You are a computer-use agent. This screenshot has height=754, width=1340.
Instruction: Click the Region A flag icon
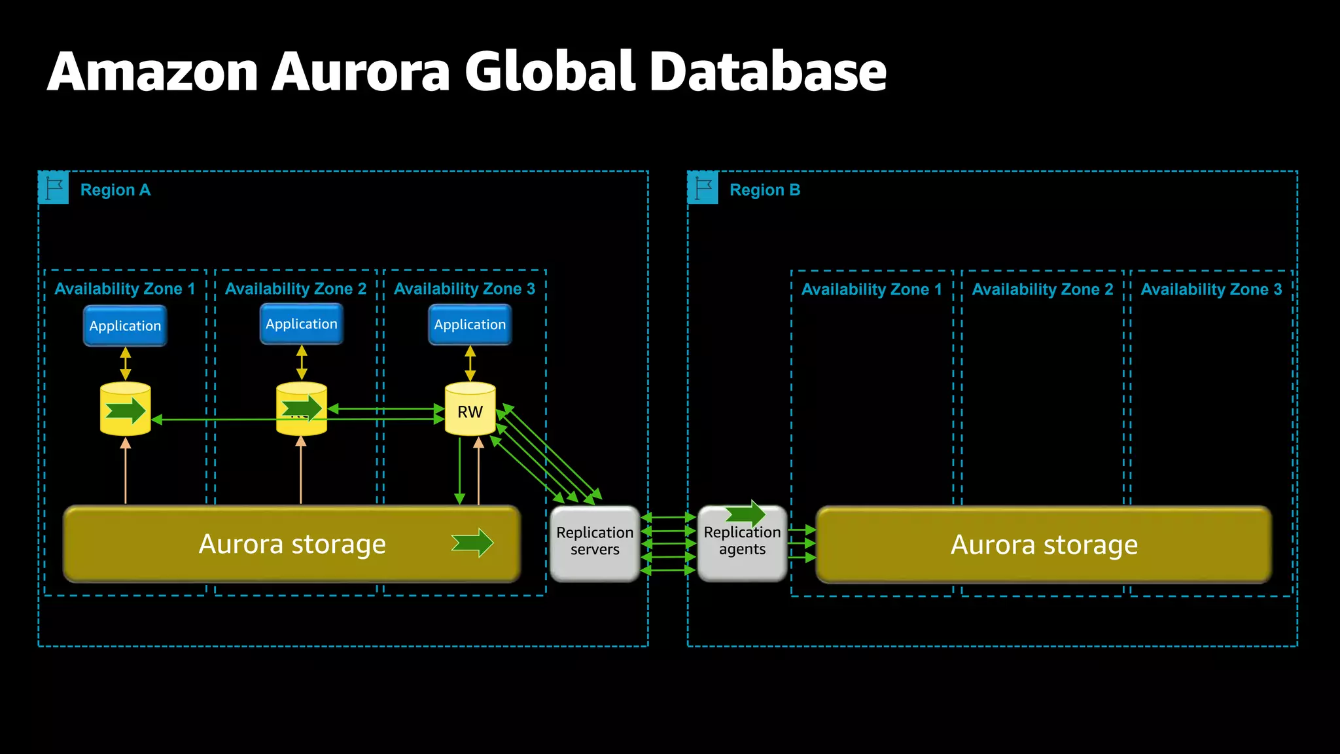54,188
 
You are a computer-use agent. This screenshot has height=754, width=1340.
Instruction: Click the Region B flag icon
703,188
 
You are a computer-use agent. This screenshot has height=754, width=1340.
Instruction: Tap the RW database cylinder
470,410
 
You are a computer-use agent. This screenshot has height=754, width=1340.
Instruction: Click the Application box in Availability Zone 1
125,326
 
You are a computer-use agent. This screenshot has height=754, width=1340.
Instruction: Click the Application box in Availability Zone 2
302,324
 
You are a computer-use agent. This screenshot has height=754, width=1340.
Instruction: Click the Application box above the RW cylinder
470,325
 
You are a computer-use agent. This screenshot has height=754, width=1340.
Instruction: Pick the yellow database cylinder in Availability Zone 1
125,410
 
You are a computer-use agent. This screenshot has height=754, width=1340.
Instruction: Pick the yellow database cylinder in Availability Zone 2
302,410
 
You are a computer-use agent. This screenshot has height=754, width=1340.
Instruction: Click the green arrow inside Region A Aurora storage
472,543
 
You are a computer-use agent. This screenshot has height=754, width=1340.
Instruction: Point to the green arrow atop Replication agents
746,514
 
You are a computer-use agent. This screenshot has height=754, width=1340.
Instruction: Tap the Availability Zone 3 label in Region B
1211,289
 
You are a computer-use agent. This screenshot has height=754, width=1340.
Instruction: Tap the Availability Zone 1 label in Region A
124,289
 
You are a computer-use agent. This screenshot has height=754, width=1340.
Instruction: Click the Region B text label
764,190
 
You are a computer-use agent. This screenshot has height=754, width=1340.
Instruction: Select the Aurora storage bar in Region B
1044,545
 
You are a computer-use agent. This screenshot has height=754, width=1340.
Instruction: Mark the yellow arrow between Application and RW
470,363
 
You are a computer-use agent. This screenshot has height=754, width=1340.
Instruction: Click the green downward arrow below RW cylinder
460,471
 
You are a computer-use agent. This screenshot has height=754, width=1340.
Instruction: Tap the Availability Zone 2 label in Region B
1042,289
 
